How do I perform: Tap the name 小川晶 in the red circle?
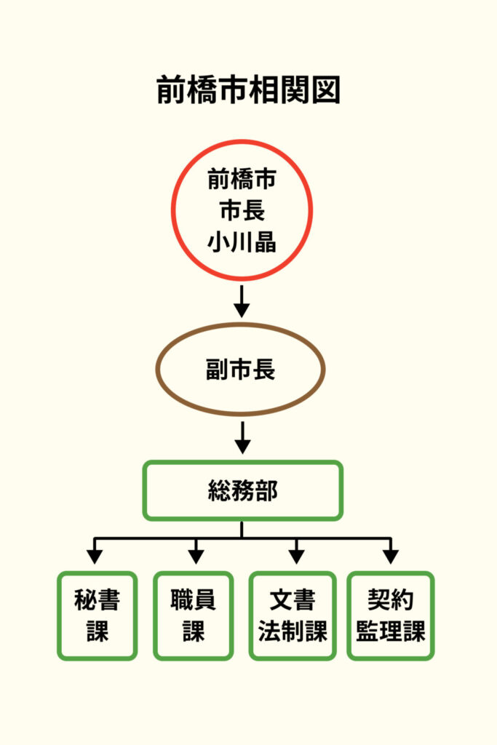[242, 242]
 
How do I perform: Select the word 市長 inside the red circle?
[242, 210]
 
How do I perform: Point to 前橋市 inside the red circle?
[242, 179]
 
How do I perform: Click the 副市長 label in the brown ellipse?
[241, 370]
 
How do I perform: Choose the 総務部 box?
[242, 491]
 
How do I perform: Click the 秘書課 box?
[97, 615]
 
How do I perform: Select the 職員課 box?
[194, 615]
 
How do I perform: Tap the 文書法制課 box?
[293, 615]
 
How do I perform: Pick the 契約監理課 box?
[391, 615]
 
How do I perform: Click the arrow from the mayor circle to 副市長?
[242, 300]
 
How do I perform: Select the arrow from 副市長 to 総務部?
[242, 437]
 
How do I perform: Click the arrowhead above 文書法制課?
[295, 557]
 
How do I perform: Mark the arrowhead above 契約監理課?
[391, 557]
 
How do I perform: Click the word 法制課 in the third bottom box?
[293, 631]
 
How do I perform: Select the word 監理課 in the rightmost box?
[391, 631]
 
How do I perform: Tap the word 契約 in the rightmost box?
[391, 600]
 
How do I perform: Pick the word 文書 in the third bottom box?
[293, 600]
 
